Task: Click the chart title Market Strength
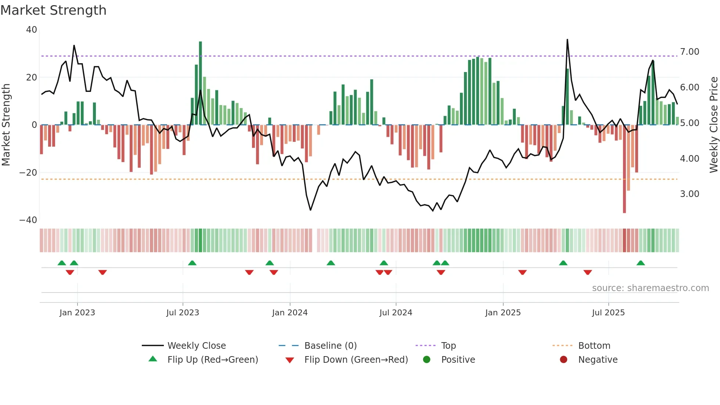click(53, 10)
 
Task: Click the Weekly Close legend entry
click(196, 345)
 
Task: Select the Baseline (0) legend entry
click(330, 345)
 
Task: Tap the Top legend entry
click(448, 345)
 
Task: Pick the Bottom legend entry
click(594, 345)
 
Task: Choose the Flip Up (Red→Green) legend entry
click(212, 359)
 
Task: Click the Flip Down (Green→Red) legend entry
click(356, 359)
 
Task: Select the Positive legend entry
click(458, 359)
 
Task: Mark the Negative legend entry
click(598, 359)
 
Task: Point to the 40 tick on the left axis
click(32, 30)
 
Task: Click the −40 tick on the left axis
click(28, 220)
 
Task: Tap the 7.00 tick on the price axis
click(690, 52)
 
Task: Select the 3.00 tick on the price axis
click(690, 194)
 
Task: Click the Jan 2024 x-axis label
click(290, 313)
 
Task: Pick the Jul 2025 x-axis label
click(608, 313)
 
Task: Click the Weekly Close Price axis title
click(713, 125)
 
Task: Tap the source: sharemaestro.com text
click(650, 288)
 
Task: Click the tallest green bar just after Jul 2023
click(201, 83)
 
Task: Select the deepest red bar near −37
click(624, 169)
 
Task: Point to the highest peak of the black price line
click(567, 40)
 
